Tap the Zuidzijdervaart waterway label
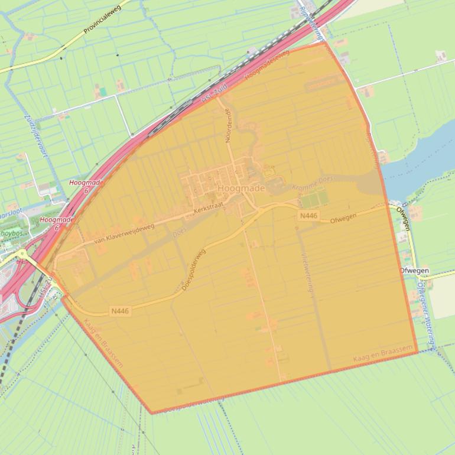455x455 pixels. point(35,135)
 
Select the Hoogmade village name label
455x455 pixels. point(241,188)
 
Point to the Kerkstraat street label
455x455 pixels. point(210,210)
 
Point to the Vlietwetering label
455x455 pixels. point(306,272)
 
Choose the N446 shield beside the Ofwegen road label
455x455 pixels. point(308,216)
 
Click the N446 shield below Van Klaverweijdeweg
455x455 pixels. point(119,311)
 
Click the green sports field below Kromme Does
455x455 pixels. point(314,199)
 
